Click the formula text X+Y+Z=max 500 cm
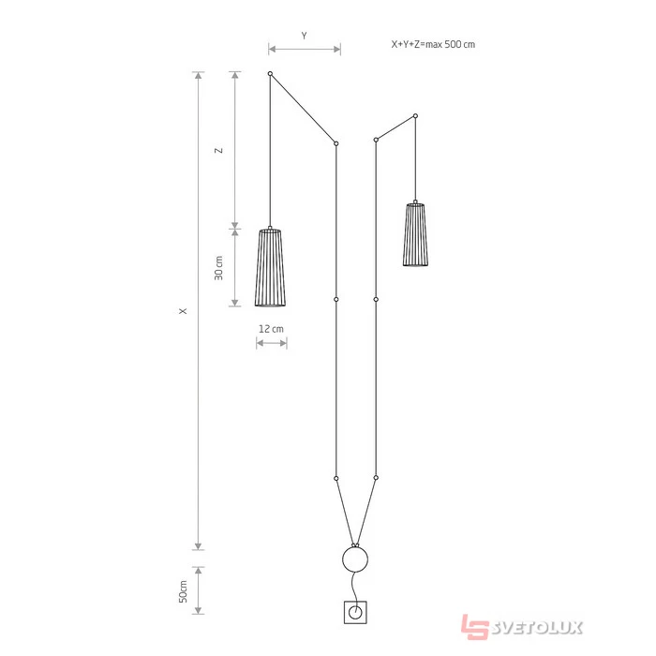click(x=433, y=44)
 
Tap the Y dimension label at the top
click(x=305, y=36)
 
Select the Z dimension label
click(x=218, y=151)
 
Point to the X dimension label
click(x=183, y=311)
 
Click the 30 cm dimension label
click(x=218, y=268)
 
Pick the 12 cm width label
click(x=271, y=329)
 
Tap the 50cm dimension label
click(x=184, y=591)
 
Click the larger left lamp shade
click(x=270, y=267)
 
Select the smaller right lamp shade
click(x=415, y=234)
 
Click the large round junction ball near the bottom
click(x=355, y=559)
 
